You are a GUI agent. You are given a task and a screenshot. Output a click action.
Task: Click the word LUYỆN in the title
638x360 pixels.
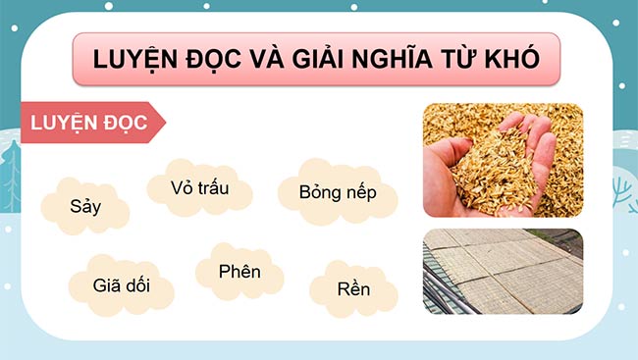click(133, 59)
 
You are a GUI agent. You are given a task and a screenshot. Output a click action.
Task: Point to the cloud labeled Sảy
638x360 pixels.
click(85, 206)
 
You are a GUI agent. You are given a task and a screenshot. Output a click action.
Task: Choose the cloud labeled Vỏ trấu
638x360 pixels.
click(199, 187)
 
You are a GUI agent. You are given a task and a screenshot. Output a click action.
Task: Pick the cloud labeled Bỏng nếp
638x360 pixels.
click(337, 190)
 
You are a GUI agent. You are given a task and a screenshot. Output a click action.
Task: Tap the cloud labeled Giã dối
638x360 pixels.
click(121, 286)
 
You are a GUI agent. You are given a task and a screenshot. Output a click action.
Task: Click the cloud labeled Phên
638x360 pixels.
click(239, 271)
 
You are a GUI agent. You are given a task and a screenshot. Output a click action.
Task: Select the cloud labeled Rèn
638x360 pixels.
click(353, 289)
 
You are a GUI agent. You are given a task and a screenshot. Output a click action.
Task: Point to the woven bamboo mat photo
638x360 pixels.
click(502, 271)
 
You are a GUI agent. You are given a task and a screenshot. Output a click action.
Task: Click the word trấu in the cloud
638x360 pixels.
click(211, 187)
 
